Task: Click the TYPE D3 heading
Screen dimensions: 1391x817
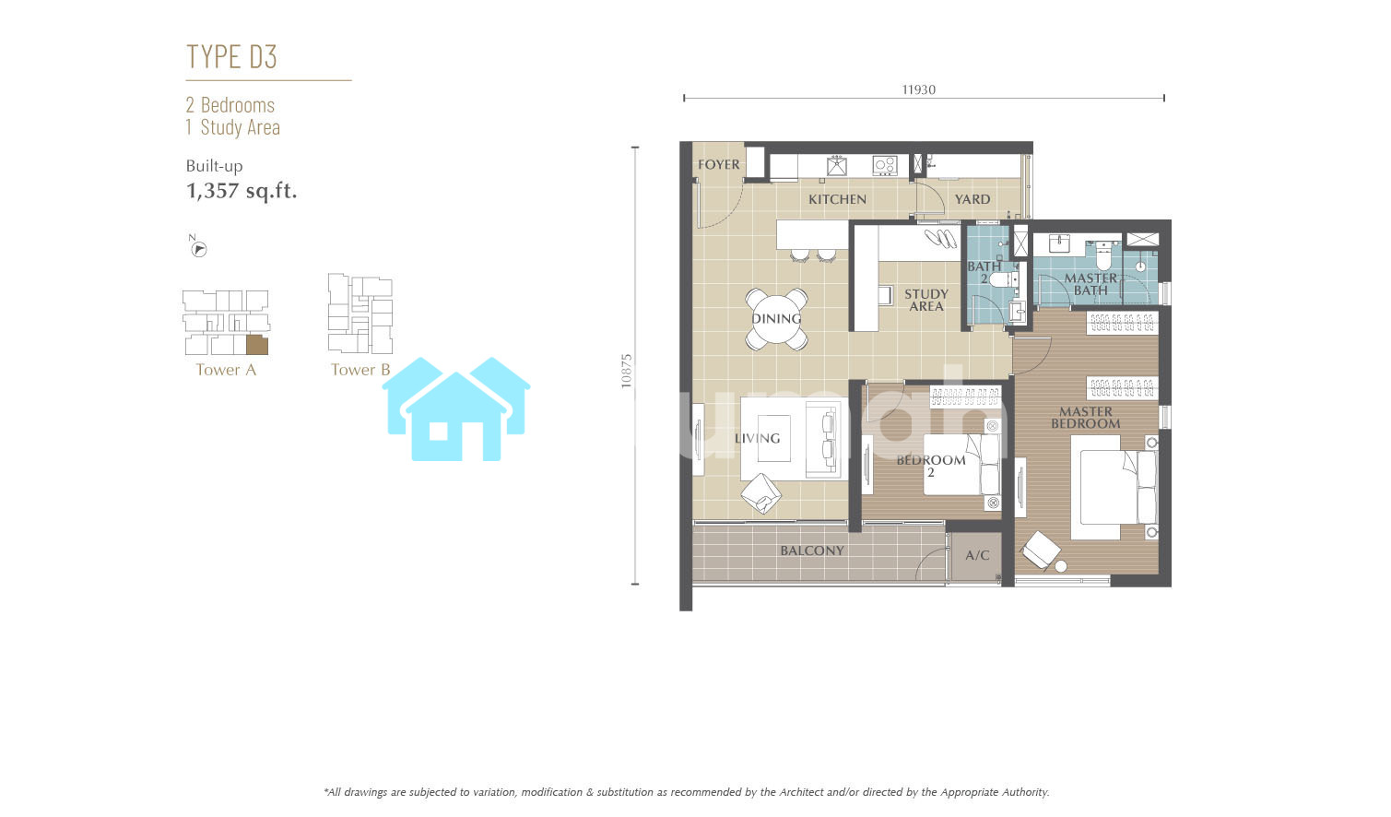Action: click(x=231, y=56)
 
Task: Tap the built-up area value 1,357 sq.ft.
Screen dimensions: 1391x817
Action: click(x=242, y=191)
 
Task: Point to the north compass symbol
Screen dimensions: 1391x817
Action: click(x=198, y=248)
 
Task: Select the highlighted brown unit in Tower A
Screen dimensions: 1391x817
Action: click(x=257, y=345)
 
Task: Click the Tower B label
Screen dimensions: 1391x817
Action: click(x=360, y=370)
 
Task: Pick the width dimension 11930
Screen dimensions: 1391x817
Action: click(x=918, y=89)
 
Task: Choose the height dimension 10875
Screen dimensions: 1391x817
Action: click(x=626, y=371)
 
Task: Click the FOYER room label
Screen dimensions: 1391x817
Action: click(x=718, y=165)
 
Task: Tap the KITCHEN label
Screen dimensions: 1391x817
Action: click(x=837, y=199)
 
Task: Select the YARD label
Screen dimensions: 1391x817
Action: click(x=973, y=199)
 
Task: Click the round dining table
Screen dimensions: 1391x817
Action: click(x=776, y=319)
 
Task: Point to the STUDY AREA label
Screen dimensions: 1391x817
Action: click(x=925, y=300)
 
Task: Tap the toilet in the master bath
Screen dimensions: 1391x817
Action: click(x=1103, y=255)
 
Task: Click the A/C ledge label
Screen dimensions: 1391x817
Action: click(x=977, y=555)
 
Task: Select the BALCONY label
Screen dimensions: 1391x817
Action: click(x=811, y=551)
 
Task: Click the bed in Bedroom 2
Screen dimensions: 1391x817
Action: click(x=961, y=465)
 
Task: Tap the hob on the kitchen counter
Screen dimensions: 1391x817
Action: click(x=884, y=165)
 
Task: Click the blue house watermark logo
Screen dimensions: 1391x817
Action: click(x=456, y=409)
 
